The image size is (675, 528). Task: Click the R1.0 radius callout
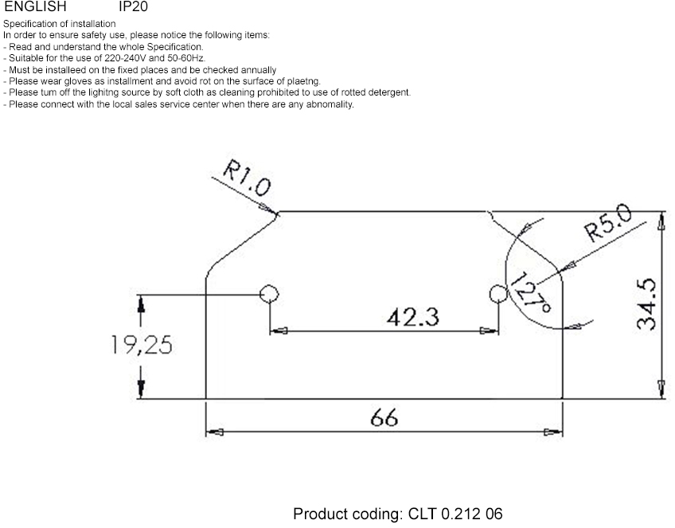click(x=247, y=178)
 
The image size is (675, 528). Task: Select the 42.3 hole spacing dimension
click(x=413, y=318)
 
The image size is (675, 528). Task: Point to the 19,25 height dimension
click(x=142, y=345)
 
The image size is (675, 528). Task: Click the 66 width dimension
click(x=384, y=417)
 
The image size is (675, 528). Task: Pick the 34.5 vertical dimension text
click(x=646, y=303)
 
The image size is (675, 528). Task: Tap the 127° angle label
click(x=531, y=292)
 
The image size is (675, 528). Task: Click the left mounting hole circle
click(x=270, y=294)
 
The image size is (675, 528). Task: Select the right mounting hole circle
click(x=498, y=294)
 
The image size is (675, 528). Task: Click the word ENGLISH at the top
click(x=35, y=6)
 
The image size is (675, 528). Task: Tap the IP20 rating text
click(x=133, y=6)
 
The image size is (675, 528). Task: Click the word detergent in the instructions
click(x=390, y=92)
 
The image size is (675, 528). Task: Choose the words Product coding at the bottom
click(x=348, y=514)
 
